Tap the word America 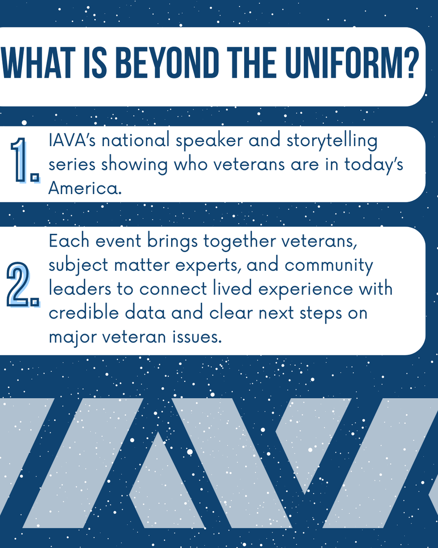pyautogui.click(x=85, y=188)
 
